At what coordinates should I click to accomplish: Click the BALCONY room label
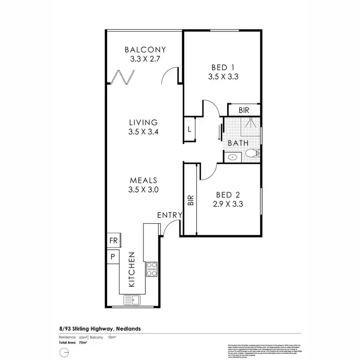(x=145, y=49)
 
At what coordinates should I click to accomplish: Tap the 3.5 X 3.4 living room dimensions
(x=144, y=132)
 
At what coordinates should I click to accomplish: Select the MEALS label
(x=144, y=180)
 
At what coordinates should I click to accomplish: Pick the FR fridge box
(x=113, y=240)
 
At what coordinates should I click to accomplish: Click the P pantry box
(x=113, y=256)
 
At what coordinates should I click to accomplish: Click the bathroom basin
(x=233, y=157)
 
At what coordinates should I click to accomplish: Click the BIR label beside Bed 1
(x=244, y=110)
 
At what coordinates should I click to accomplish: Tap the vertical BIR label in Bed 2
(x=190, y=200)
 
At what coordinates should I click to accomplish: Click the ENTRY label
(x=169, y=215)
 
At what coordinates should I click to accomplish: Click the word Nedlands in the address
(x=127, y=329)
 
